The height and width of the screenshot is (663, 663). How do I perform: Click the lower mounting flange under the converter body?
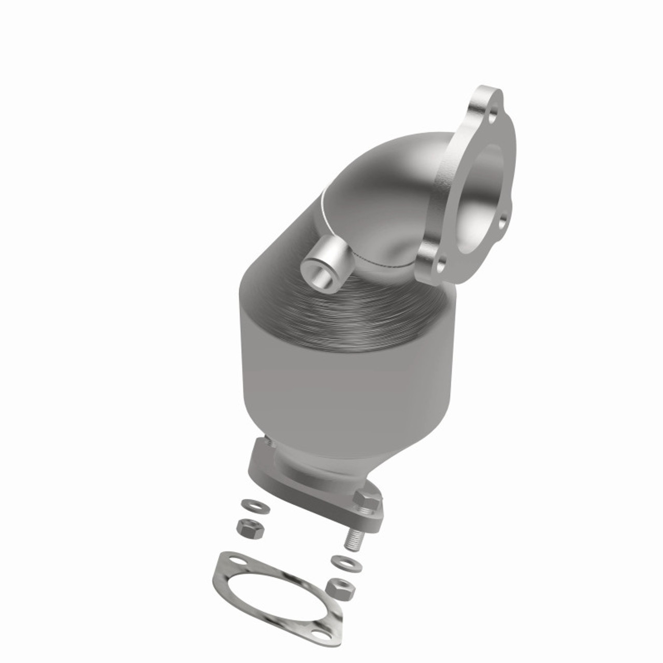tap(269, 466)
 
